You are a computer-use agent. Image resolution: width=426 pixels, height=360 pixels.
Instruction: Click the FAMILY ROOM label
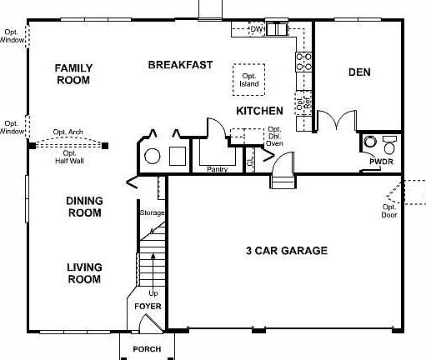73,74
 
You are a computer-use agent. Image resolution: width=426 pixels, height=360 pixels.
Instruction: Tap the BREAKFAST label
180,64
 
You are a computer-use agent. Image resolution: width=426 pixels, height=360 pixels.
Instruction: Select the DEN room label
359,72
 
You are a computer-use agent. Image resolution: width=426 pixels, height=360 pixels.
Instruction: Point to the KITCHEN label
259,110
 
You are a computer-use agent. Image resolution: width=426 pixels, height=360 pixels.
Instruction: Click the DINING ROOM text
84,207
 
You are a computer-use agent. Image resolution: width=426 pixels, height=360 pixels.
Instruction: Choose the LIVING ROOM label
84,273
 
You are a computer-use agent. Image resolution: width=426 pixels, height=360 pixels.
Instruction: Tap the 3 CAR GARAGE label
286,250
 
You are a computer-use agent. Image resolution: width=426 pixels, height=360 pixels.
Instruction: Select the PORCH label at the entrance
147,349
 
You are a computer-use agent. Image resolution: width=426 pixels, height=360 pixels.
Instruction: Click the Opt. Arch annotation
66,132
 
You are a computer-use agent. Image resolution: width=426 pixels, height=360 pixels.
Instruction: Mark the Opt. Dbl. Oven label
274,137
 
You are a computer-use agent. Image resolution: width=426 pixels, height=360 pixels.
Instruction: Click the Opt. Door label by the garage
388,211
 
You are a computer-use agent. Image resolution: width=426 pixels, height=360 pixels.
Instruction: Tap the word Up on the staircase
153,293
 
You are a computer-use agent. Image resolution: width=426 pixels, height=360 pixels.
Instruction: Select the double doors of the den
336,122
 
